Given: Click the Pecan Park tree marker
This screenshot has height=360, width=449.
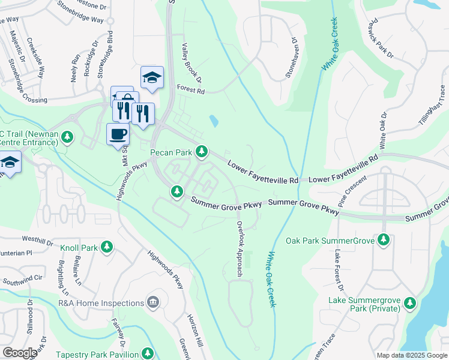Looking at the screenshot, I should click(x=203, y=152).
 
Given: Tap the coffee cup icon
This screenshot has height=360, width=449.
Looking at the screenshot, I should click(x=118, y=133).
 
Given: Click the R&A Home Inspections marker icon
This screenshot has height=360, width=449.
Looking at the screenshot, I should click(x=153, y=302).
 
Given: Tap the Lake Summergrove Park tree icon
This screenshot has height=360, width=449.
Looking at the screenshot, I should click(x=411, y=303).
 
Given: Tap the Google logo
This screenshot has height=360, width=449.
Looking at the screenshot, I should click(x=20, y=353).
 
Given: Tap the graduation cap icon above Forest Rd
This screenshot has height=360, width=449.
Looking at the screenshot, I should click(x=152, y=77).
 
